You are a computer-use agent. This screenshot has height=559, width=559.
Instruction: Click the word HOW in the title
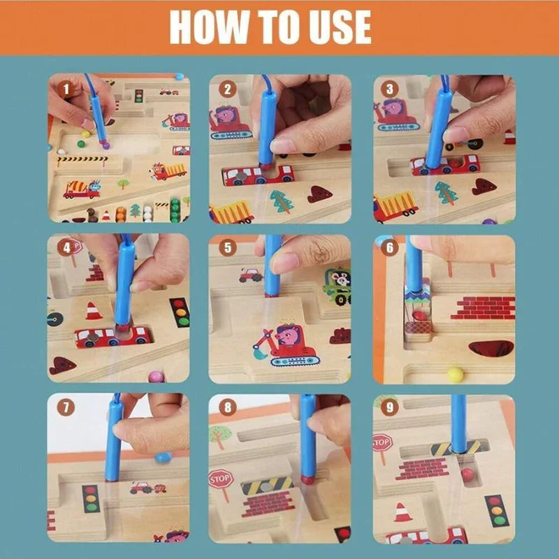tap(209, 27)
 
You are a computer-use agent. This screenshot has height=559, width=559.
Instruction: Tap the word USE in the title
tap(340, 27)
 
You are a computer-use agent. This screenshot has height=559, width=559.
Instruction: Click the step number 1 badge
tap(66, 89)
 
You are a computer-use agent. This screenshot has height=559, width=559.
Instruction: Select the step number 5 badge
tap(228, 247)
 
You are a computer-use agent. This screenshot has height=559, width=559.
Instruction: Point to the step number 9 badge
tap(389, 407)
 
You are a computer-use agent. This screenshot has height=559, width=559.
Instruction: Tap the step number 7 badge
tap(66, 407)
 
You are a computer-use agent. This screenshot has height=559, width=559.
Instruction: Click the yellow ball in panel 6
tap(456, 375)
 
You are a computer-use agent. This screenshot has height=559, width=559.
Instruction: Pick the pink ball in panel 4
tap(157, 377)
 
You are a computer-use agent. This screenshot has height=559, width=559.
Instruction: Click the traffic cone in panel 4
tap(94, 311)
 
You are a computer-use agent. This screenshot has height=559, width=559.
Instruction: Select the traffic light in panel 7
tap(92, 498)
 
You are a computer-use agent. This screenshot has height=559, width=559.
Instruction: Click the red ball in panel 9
tap(467, 475)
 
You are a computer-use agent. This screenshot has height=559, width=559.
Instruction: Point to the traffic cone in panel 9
tap(403, 512)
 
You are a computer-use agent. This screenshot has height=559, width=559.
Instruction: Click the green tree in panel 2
tap(282, 201)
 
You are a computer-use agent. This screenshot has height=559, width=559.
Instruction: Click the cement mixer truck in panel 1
tap(82, 189)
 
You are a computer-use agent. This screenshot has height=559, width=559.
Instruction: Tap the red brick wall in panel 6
tap(483, 307)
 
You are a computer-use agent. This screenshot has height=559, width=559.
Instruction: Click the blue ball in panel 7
tap(164, 458)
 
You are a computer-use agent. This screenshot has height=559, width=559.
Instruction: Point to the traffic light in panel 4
tap(180, 312)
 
